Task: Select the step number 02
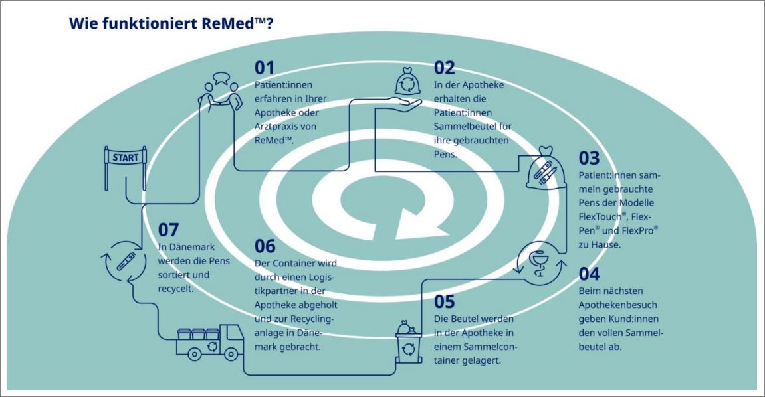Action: click(x=445, y=68)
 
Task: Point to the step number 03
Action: click(x=589, y=159)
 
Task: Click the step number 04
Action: click(x=589, y=274)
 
